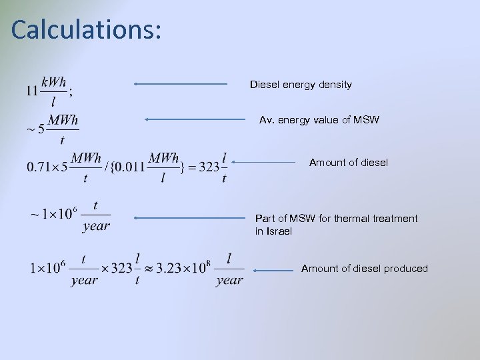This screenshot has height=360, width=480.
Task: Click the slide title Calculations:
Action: pyautogui.click(x=86, y=31)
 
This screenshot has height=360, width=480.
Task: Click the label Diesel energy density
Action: pyautogui.click(x=301, y=85)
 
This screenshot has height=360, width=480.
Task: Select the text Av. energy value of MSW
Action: pyautogui.click(x=319, y=121)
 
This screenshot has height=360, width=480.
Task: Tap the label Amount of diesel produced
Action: pyautogui.click(x=364, y=269)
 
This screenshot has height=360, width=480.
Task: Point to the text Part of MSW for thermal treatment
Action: pyautogui.click(x=337, y=219)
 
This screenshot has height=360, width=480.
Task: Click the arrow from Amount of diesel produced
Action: pyautogui.click(x=274, y=270)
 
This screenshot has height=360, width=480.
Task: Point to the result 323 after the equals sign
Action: pyautogui.click(x=209, y=167)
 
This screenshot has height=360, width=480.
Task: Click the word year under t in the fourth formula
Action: pyautogui.click(x=96, y=226)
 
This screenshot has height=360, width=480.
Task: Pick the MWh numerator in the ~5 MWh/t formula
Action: pyautogui.click(x=64, y=120)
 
